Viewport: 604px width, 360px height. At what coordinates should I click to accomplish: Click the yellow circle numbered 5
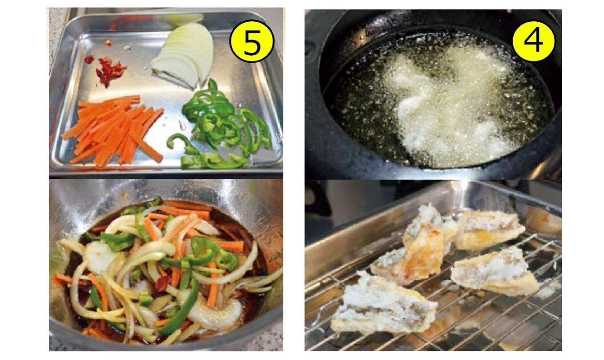(x=252, y=42)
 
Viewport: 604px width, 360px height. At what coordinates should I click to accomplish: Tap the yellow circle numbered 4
(x=533, y=41)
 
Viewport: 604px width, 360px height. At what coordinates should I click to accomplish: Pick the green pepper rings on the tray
(x=221, y=127)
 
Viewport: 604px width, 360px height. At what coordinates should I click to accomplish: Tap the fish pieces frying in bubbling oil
(x=447, y=105)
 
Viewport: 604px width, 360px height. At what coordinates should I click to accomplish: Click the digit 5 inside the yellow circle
(x=252, y=42)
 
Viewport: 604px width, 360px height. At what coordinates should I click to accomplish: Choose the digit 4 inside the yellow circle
(x=533, y=41)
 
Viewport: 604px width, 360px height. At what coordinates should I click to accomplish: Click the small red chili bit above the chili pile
(x=108, y=43)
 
